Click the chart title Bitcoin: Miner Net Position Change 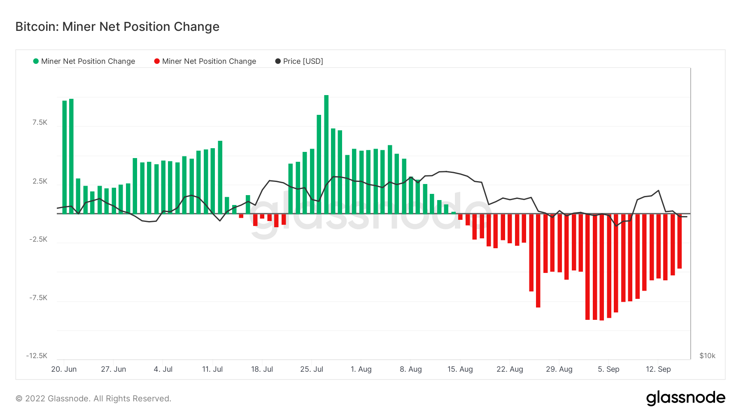117,27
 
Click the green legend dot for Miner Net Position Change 36,61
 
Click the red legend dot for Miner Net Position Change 157,61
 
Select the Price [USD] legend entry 299,61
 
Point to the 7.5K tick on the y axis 40,123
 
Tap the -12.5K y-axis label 37,356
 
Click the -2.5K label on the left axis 38,240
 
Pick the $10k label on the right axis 707,356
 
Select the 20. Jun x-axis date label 64,369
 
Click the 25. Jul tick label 312,369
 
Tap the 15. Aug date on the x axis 460,369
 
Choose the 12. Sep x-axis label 658,369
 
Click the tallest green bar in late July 326,154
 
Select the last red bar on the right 680,241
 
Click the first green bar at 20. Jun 64,157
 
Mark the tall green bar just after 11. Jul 220,177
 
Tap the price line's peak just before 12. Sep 659,191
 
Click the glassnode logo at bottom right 685,398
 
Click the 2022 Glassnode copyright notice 93,398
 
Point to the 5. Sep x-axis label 608,369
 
